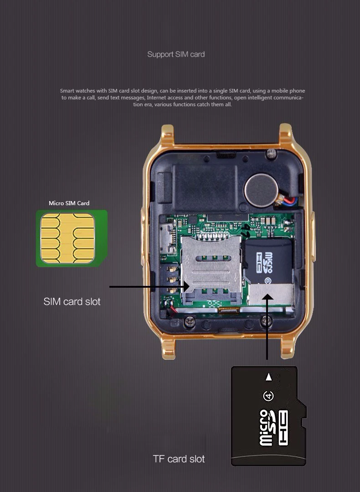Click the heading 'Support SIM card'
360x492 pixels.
[x=176, y=54]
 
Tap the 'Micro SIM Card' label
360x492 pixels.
[x=69, y=203]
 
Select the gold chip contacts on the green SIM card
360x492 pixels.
[x=67, y=238]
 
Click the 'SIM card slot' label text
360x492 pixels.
[x=72, y=301]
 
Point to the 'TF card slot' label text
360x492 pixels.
[x=179, y=459]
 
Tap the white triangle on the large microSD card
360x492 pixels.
[x=269, y=377]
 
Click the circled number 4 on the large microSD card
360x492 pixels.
[x=268, y=395]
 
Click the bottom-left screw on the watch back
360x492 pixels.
[x=190, y=322]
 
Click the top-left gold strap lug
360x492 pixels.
[x=167, y=135]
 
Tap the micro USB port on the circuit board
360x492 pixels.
[x=169, y=237]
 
